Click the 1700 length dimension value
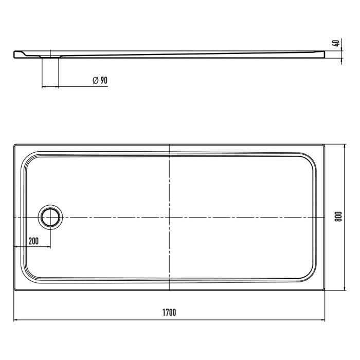coord(169,313)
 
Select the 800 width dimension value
coord(338,218)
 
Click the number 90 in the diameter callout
coord(103,80)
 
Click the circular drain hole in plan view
coord(50,218)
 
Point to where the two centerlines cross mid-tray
coord(169,218)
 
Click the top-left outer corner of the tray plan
coord(14,145)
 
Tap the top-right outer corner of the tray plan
coord(325,145)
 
